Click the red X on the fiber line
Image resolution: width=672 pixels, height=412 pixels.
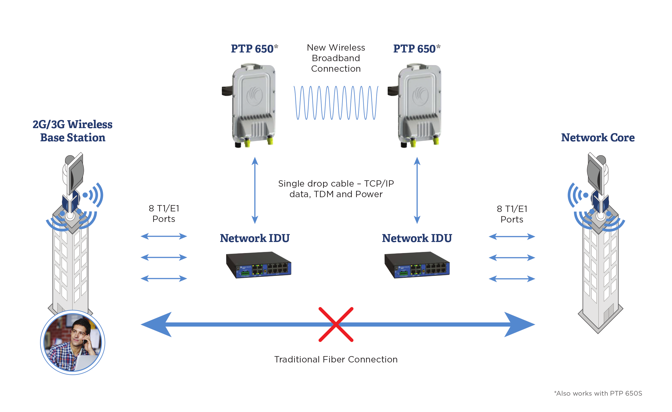coord(336,324)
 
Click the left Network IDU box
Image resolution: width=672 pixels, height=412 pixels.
coord(258,265)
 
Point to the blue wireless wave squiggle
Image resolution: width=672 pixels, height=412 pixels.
coord(336,103)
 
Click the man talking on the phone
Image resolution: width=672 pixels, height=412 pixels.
coord(72,342)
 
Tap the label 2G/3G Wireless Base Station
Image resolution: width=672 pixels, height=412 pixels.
coord(72,131)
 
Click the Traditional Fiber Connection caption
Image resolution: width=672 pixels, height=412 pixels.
coord(336,359)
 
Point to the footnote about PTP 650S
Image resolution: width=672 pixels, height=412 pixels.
coord(598,393)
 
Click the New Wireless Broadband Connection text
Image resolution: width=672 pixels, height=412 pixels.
coord(336,58)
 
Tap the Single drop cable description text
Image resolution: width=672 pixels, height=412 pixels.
coord(336,189)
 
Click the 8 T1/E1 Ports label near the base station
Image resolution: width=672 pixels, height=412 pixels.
coord(164,214)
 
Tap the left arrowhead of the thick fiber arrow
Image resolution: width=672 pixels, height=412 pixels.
coord(157,324)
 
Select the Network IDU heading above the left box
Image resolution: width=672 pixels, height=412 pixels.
coord(255,238)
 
